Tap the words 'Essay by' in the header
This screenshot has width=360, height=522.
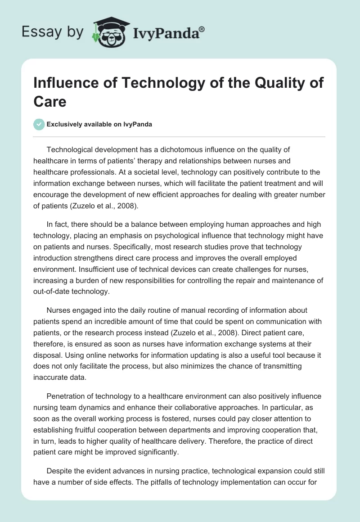(53, 32)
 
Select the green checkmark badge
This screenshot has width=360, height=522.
(39, 124)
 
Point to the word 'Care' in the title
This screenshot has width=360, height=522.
(50, 101)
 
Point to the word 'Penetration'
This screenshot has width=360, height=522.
(69, 396)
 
